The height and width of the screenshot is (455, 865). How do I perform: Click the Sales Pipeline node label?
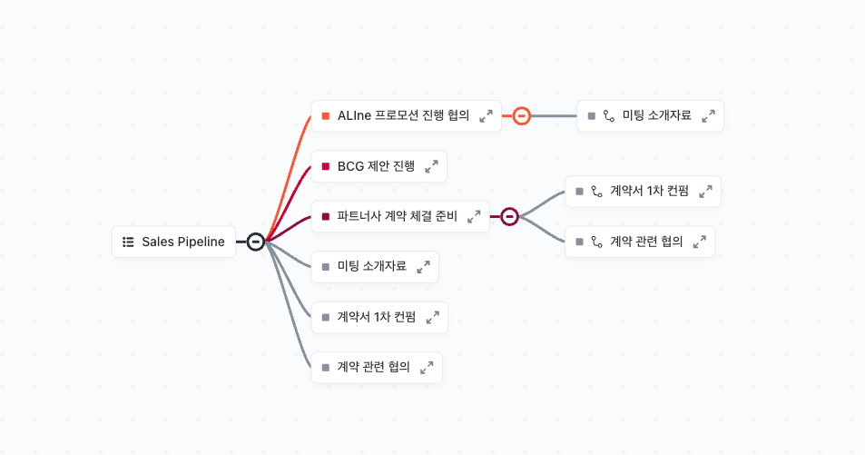[183, 242]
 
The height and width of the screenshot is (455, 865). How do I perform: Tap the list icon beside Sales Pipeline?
[128, 242]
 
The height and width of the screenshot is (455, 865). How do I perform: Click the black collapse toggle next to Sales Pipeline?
[255, 242]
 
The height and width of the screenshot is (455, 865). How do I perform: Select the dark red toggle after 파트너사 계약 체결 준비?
[510, 216]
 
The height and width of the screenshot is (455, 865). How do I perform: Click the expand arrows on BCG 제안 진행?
[432, 166]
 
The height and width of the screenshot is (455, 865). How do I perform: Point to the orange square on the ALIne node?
[326, 116]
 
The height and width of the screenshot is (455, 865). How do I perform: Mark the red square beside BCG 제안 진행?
[326, 166]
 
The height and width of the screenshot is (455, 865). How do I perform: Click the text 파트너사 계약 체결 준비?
[398, 216]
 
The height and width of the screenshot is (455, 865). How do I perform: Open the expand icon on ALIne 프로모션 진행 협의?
[486, 116]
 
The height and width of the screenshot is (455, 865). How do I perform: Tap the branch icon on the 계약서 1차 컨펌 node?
[597, 192]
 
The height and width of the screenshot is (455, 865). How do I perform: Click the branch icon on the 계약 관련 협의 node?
[597, 242]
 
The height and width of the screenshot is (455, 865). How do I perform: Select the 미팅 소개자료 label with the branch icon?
[656, 115]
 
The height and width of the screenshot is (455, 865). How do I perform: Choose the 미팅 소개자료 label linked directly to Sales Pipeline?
[372, 266]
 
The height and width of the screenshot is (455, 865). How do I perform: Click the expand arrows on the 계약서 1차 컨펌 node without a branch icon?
[433, 317]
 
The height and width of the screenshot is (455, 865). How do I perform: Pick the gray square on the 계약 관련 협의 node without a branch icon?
[326, 367]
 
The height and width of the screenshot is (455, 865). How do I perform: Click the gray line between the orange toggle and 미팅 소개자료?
[554, 116]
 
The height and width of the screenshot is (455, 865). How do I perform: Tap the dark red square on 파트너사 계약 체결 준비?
[326, 216]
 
